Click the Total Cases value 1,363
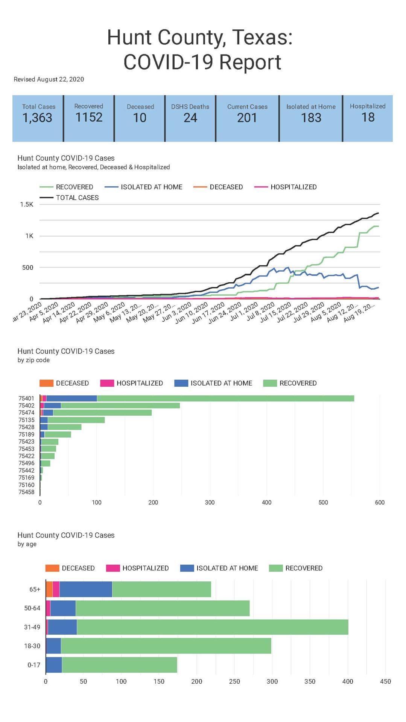click(37, 118)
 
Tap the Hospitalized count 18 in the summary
click(368, 117)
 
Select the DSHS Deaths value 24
click(190, 118)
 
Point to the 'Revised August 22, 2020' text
click(49, 79)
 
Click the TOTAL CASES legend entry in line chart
click(77, 198)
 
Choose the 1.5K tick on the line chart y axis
click(27, 204)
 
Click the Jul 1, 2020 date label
click(244, 312)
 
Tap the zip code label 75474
click(26, 413)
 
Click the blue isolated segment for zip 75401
click(71, 398)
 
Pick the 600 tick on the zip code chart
click(380, 502)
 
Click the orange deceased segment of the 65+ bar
click(49, 589)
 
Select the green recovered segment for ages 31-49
click(213, 627)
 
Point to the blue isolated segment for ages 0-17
click(54, 665)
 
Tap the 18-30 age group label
click(32, 646)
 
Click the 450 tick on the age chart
click(385, 681)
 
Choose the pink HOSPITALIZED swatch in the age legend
click(113, 568)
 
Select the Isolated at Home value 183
click(311, 118)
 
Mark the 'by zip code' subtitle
click(33, 360)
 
